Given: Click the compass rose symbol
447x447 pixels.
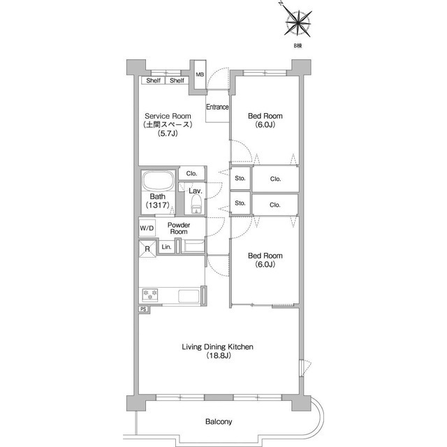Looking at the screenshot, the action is coord(298,22).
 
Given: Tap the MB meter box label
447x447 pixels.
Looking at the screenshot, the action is coord(200,75).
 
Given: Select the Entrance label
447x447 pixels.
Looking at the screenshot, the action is coord(217,107).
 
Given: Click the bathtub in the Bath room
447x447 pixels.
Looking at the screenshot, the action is coord(159,181).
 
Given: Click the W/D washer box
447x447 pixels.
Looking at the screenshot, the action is coord(147,228).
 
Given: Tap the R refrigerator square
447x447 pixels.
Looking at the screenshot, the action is coord(147,249).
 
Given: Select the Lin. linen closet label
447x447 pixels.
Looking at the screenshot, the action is coord(166,247).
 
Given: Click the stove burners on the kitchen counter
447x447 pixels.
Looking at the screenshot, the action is coord(150,295).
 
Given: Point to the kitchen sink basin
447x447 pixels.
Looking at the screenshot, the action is coord(189,296).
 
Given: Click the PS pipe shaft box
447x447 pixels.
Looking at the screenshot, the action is coord(144,309).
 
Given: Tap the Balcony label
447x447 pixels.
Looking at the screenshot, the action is coord(219,421).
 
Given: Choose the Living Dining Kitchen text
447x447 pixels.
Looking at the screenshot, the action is coord(217,346).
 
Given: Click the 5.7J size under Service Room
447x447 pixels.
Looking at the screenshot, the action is coord(168,133).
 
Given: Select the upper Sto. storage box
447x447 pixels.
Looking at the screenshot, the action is coord(240,179).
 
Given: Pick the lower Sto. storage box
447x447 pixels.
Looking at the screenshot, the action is coord(240,203).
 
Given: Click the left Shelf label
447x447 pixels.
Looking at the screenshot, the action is coord(153,80).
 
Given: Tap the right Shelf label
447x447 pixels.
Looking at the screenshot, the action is coord(177,80).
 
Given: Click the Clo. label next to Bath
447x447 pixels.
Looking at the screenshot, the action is coord(191,173).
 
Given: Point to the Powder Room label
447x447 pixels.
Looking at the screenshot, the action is coord(179,228).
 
